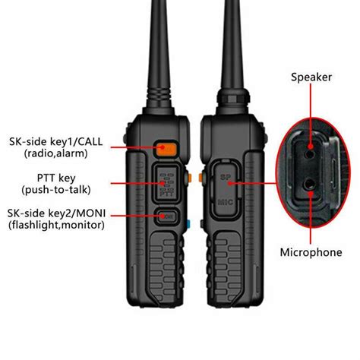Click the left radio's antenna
click(166, 46)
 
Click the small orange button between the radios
click(200, 178)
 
